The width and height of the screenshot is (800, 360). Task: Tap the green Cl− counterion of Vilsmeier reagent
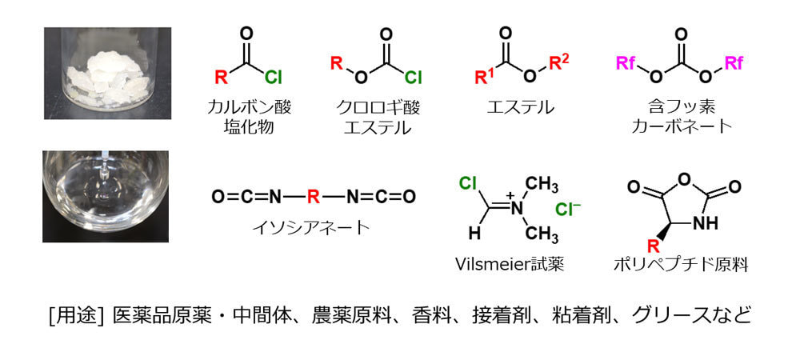click(569, 210)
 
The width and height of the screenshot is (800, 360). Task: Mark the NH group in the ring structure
click(699, 223)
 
